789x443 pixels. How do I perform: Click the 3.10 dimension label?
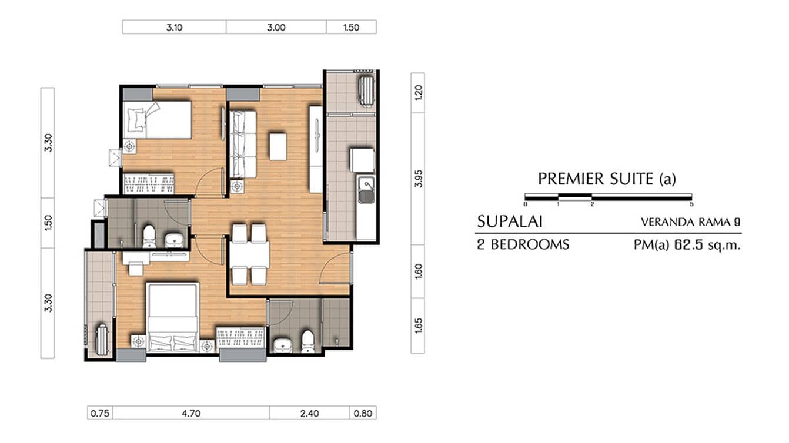[174, 27]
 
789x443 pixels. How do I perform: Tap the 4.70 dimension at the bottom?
[191, 413]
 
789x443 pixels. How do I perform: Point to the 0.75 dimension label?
[100, 413]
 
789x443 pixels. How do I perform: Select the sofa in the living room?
[242, 144]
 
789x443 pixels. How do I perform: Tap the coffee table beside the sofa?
[278, 146]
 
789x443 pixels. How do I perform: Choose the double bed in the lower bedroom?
[172, 317]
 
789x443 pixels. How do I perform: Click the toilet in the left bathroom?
[149, 236]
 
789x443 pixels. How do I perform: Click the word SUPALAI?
[509, 222]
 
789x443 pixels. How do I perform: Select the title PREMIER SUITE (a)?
[607, 179]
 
